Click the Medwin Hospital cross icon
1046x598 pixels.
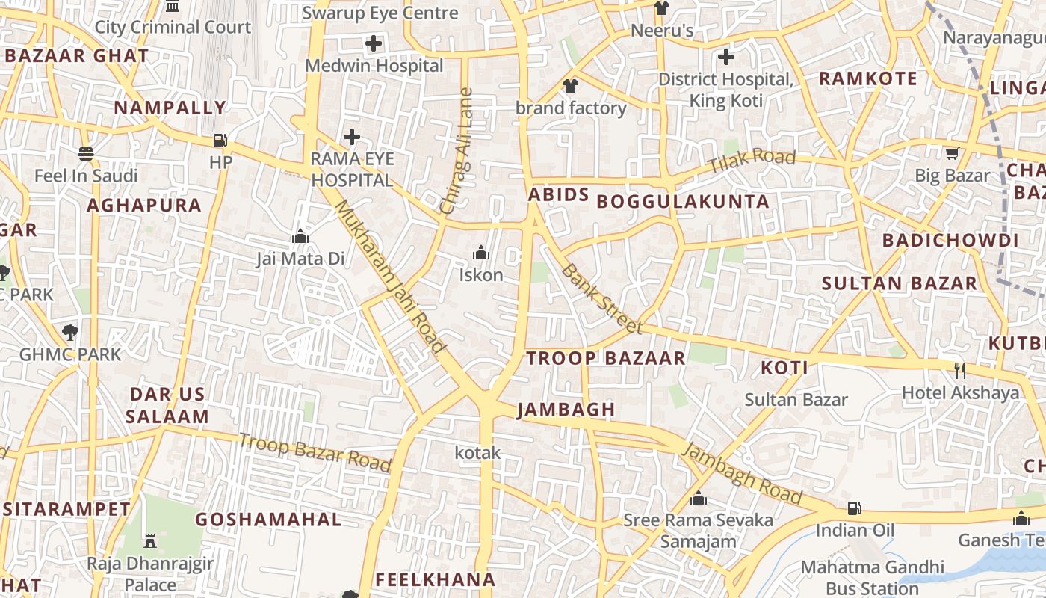pos(374,43)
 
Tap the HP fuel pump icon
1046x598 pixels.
pos(220,140)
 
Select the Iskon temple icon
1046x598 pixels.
pos(481,253)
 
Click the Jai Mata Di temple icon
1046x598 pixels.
pos(300,237)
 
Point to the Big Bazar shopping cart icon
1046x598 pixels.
pos(952,154)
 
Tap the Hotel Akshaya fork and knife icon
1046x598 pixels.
pos(960,370)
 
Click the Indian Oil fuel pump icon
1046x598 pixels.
pos(854,509)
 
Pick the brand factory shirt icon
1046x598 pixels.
pos(571,86)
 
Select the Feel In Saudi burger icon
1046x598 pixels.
pos(86,154)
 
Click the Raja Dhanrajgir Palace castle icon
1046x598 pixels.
pos(150,540)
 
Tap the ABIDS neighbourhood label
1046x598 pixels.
pos(559,195)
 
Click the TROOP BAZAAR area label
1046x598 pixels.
pos(605,358)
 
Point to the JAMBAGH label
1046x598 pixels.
pos(566,410)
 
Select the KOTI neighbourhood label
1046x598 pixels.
pos(784,368)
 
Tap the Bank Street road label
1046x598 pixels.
pos(601,298)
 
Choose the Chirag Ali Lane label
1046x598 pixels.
pos(457,152)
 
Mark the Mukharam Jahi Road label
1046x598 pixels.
pos(389,275)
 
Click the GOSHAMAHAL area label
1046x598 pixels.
pos(268,520)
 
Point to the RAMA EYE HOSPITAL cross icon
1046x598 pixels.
pos(352,137)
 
